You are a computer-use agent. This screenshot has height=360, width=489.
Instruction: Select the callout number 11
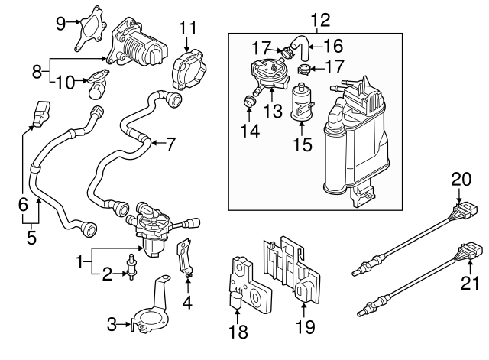coord(187,29)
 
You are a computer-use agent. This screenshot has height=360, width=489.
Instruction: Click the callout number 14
coord(248,131)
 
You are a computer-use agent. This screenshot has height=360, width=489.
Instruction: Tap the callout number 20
coord(460,179)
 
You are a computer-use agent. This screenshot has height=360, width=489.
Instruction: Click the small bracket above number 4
coord(184,256)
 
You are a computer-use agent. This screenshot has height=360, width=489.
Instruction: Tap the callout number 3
coord(111,326)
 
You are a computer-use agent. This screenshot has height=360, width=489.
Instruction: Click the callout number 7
coord(170,142)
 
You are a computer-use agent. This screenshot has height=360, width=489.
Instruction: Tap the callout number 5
coord(31,237)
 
